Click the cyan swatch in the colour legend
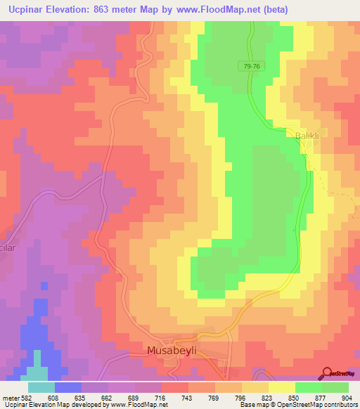coord(41,387)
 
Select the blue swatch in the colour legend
coord(67,387)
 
